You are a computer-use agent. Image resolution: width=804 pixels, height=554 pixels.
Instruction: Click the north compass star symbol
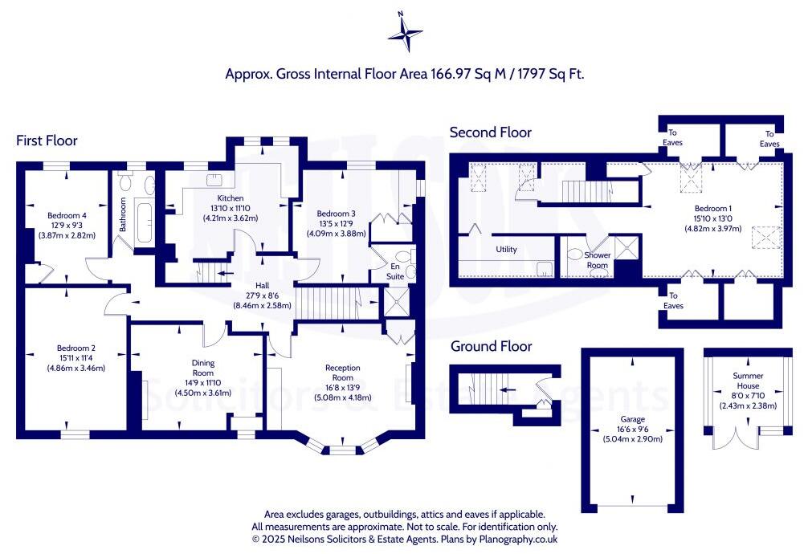(406, 33)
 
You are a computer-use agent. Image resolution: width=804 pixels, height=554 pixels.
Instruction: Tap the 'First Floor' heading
(47, 141)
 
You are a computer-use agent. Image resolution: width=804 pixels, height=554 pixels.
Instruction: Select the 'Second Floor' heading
(490, 132)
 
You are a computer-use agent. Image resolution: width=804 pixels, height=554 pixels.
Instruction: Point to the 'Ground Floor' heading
(491, 346)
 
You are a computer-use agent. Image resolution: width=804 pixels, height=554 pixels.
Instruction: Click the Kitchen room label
(230, 198)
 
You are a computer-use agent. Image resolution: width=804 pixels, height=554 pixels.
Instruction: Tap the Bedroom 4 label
(67, 216)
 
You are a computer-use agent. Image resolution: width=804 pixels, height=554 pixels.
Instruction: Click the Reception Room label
(342, 373)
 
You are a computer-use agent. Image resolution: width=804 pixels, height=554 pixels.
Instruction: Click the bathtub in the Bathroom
(145, 226)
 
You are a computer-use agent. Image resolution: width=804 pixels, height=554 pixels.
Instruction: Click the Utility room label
(506, 249)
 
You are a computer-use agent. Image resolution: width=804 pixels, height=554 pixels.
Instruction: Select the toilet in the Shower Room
(574, 255)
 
